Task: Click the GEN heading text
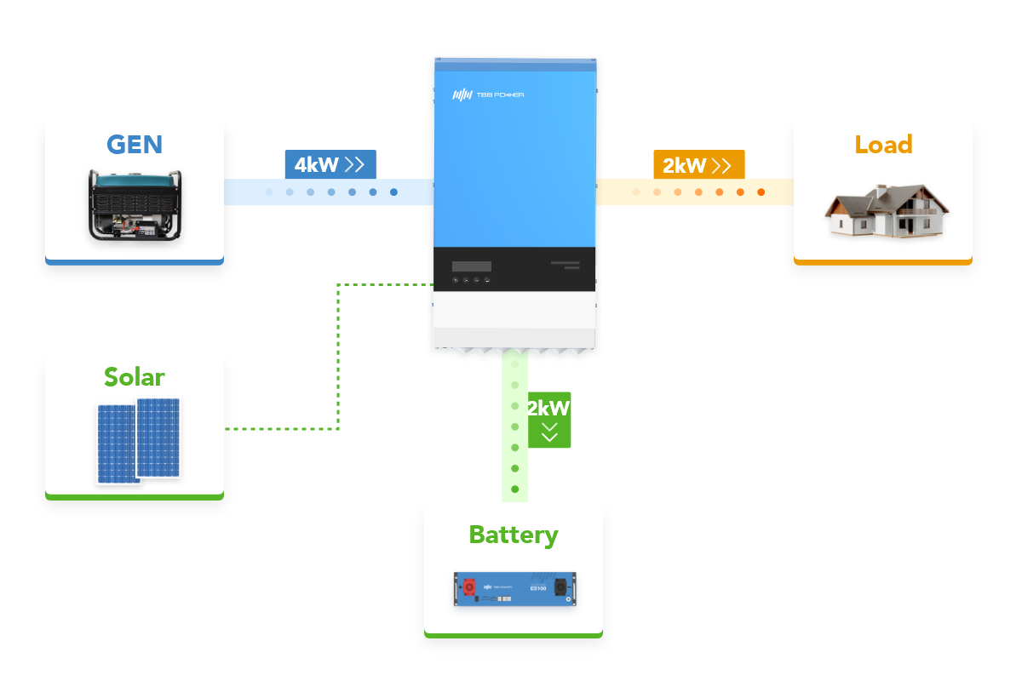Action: coord(135,144)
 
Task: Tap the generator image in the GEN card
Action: coord(135,204)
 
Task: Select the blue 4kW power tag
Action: coord(330,164)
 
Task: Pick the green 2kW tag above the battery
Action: coord(548,420)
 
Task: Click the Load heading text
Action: coord(883,144)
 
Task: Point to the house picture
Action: coord(887,211)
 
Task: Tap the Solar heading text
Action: coord(135,376)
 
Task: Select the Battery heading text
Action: coord(514,535)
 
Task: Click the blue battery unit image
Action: coord(514,588)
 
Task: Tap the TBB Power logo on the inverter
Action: coord(488,94)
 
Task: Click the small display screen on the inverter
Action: coord(472,266)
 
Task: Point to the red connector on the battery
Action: coord(468,587)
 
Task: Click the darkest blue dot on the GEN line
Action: coord(393,192)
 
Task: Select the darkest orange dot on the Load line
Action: coord(761,192)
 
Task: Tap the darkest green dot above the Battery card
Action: coord(514,489)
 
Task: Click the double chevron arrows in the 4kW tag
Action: coord(355,164)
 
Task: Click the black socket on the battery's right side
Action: coord(561,587)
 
